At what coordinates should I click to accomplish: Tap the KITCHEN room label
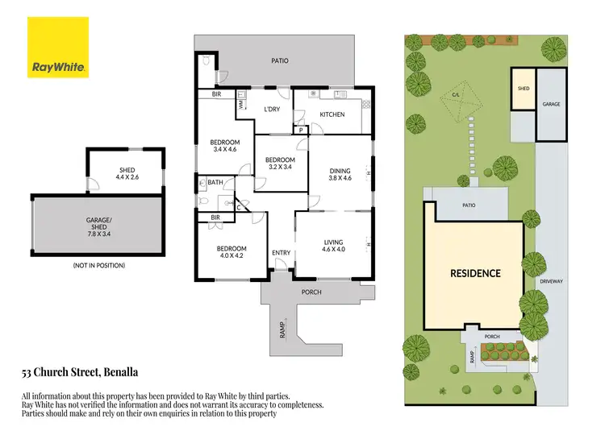[x=332, y=114]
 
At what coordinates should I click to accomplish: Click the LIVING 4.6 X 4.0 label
[x=333, y=246]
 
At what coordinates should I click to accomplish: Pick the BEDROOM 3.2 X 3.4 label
[x=278, y=164]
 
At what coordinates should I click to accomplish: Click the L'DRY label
[x=272, y=110]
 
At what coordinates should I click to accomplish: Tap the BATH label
[x=215, y=183]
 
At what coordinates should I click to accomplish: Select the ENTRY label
[x=281, y=254]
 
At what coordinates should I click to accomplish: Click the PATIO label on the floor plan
[x=279, y=60]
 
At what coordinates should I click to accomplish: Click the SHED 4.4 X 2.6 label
[x=127, y=173]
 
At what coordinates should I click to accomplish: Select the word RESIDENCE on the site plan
[x=474, y=273]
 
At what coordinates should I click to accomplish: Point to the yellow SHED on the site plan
[x=523, y=88]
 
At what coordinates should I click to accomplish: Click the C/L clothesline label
[x=456, y=94]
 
